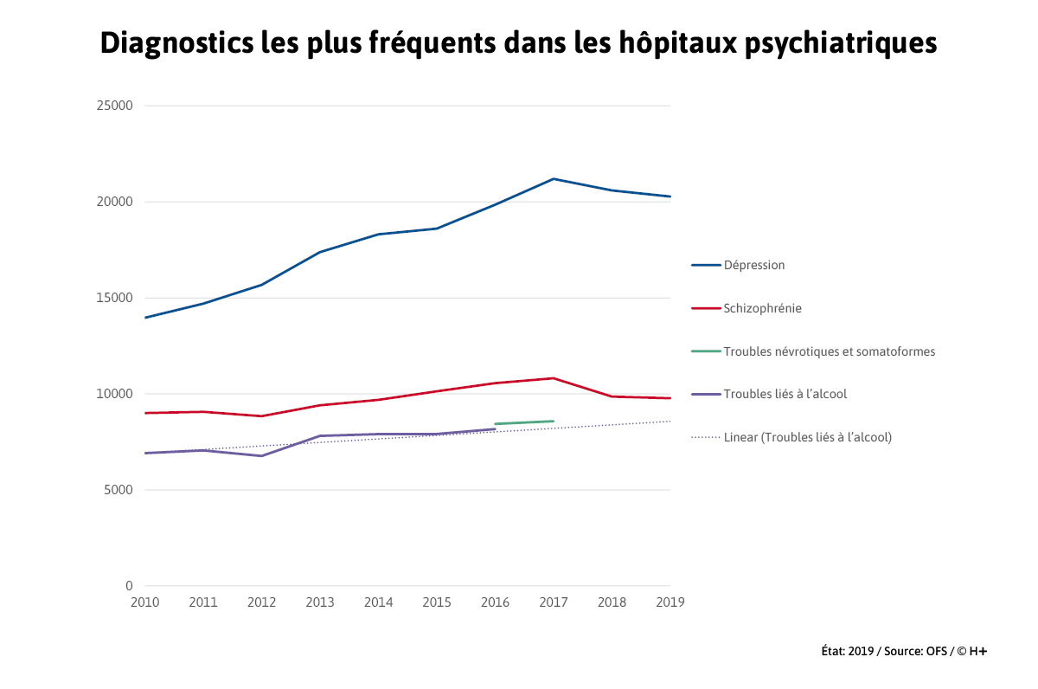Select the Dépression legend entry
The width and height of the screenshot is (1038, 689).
point(753,265)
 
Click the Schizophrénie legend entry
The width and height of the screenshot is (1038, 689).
point(762,308)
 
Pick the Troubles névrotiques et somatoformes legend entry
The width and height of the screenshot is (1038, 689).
point(829,351)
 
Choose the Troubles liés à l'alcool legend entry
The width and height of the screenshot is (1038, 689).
point(785,394)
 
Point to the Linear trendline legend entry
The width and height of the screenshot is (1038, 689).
point(807,437)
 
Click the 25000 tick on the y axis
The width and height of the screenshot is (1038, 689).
point(115,106)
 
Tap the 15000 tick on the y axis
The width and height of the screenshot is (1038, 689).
point(115,298)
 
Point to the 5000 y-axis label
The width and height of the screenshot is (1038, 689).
point(119,490)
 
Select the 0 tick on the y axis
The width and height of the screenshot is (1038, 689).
point(129,586)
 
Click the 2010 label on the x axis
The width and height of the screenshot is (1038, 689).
point(144,602)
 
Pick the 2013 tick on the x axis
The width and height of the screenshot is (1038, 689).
point(320,602)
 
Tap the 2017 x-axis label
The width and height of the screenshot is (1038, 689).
point(554,602)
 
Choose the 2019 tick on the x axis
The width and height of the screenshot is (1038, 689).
point(670,602)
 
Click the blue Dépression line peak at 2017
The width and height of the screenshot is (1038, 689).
point(554,179)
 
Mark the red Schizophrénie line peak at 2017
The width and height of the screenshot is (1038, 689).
point(554,378)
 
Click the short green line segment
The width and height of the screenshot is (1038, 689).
point(524,422)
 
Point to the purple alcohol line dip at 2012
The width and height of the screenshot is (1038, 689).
point(261,455)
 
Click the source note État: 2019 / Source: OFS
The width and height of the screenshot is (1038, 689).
point(904,651)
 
